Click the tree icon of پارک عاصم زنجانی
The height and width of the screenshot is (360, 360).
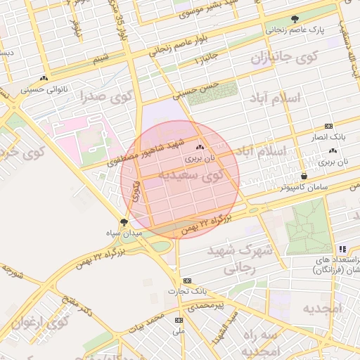(x=295, y=19)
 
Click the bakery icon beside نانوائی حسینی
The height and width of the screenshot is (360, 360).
(x=45, y=78)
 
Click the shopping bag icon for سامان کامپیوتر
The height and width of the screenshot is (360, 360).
(x=304, y=176)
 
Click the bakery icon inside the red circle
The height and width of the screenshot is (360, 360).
(x=200, y=148)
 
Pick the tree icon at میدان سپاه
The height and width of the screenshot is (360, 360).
(x=124, y=222)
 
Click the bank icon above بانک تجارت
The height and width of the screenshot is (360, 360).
(x=186, y=280)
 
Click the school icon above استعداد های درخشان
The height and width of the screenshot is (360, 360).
(x=342, y=249)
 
